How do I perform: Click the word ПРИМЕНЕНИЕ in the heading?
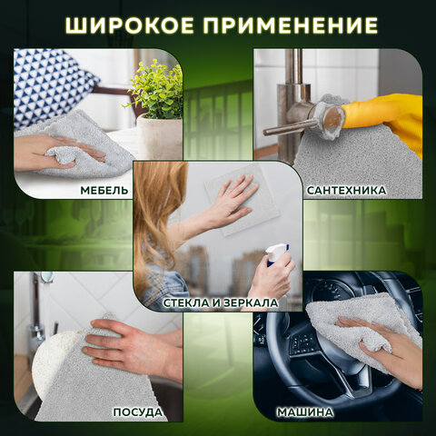click(x=289, y=24)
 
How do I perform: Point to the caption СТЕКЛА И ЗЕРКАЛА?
click(x=218, y=302)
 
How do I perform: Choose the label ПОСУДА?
click(x=138, y=412)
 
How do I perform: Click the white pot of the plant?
click(x=160, y=136)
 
